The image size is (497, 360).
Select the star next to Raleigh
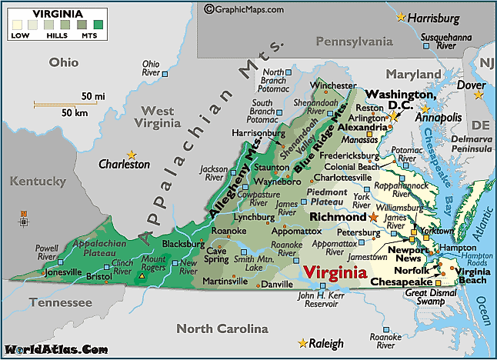(x=301, y=342)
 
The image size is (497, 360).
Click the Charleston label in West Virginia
(x=124, y=164)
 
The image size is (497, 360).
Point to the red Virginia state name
(x=335, y=272)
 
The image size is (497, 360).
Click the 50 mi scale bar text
(x=92, y=96)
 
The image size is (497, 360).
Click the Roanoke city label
(x=229, y=230)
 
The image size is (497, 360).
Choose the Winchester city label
(x=332, y=85)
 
